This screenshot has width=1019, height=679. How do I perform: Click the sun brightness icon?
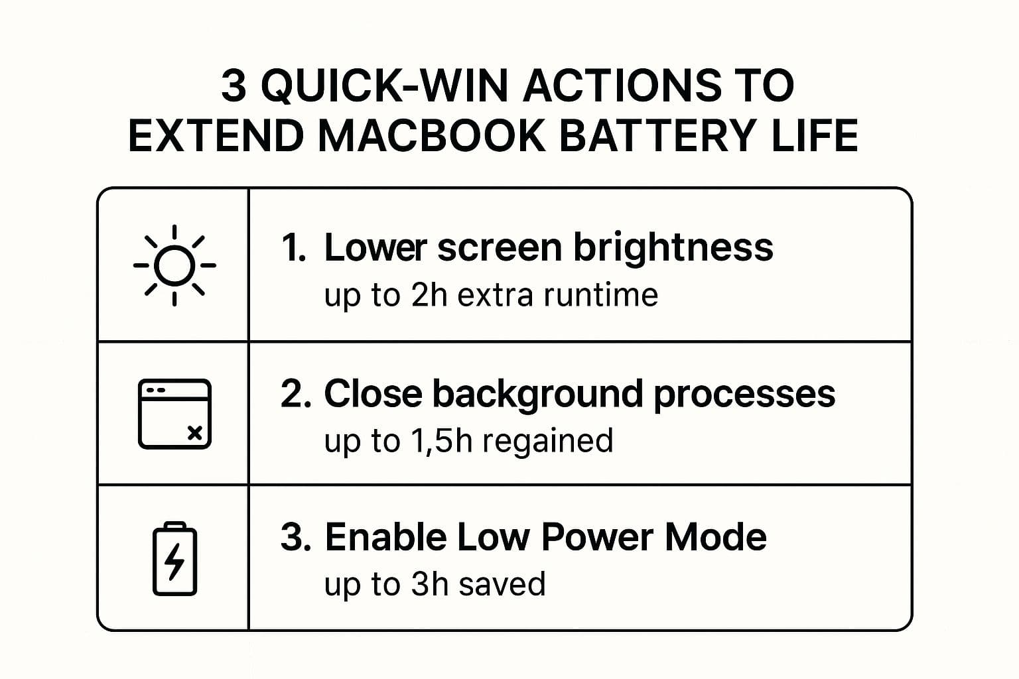(x=174, y=265)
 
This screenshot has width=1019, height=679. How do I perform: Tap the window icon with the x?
(x=174, y=414)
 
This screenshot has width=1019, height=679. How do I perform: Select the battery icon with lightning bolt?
(x=174, y=558)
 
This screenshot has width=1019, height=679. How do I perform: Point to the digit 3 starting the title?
(x=233, y=86)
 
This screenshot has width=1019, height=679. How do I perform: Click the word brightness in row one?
(x=673, y=248)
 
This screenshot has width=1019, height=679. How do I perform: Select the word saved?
(x=502, y=584)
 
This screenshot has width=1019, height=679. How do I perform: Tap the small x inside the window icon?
(x=194, y=433)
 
